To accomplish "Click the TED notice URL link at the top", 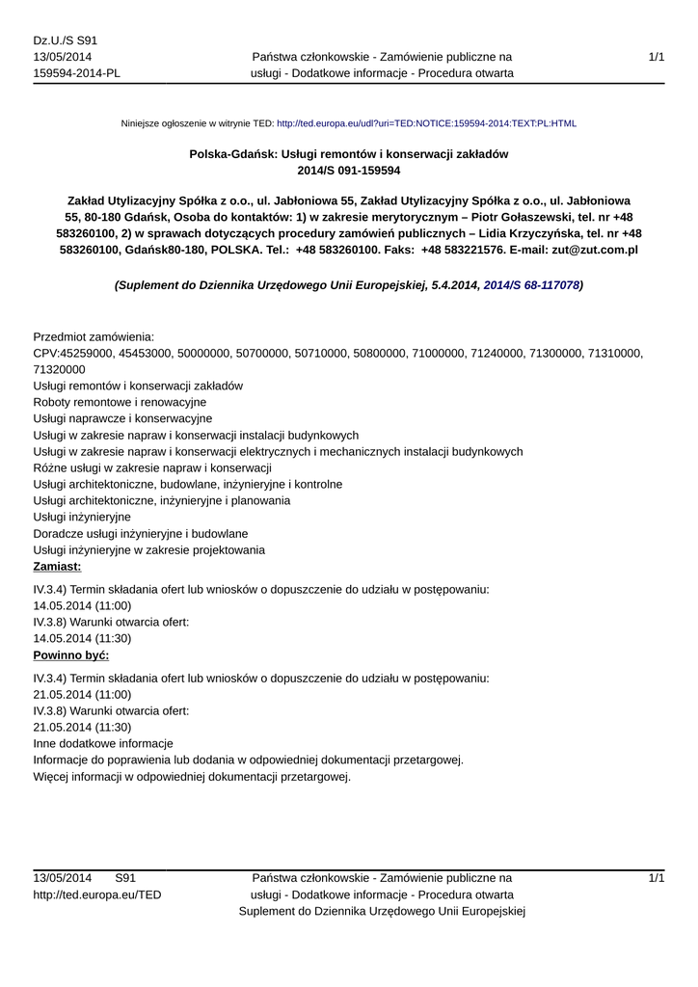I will [426, 124].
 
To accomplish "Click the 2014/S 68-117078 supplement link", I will [531, 286].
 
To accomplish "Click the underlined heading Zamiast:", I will [57, 566].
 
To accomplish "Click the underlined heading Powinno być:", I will [71, 654].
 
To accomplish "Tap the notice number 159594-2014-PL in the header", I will [77, 73].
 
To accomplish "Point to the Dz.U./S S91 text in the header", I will [66, 40].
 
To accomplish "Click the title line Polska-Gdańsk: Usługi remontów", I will [348, 154].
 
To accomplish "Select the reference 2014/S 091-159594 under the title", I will [348, 171].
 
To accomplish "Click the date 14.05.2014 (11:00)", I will [82, 605].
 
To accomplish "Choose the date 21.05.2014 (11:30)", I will [82, 727].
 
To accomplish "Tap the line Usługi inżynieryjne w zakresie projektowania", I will [149, 549].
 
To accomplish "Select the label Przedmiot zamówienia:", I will [94, 337].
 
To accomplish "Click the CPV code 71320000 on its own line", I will [59, 369].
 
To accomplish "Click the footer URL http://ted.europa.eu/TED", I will [97, 894].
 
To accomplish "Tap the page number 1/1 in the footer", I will [657, 878].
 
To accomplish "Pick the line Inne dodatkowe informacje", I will [103, 744].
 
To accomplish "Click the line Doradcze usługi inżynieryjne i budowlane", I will [141, 533].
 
